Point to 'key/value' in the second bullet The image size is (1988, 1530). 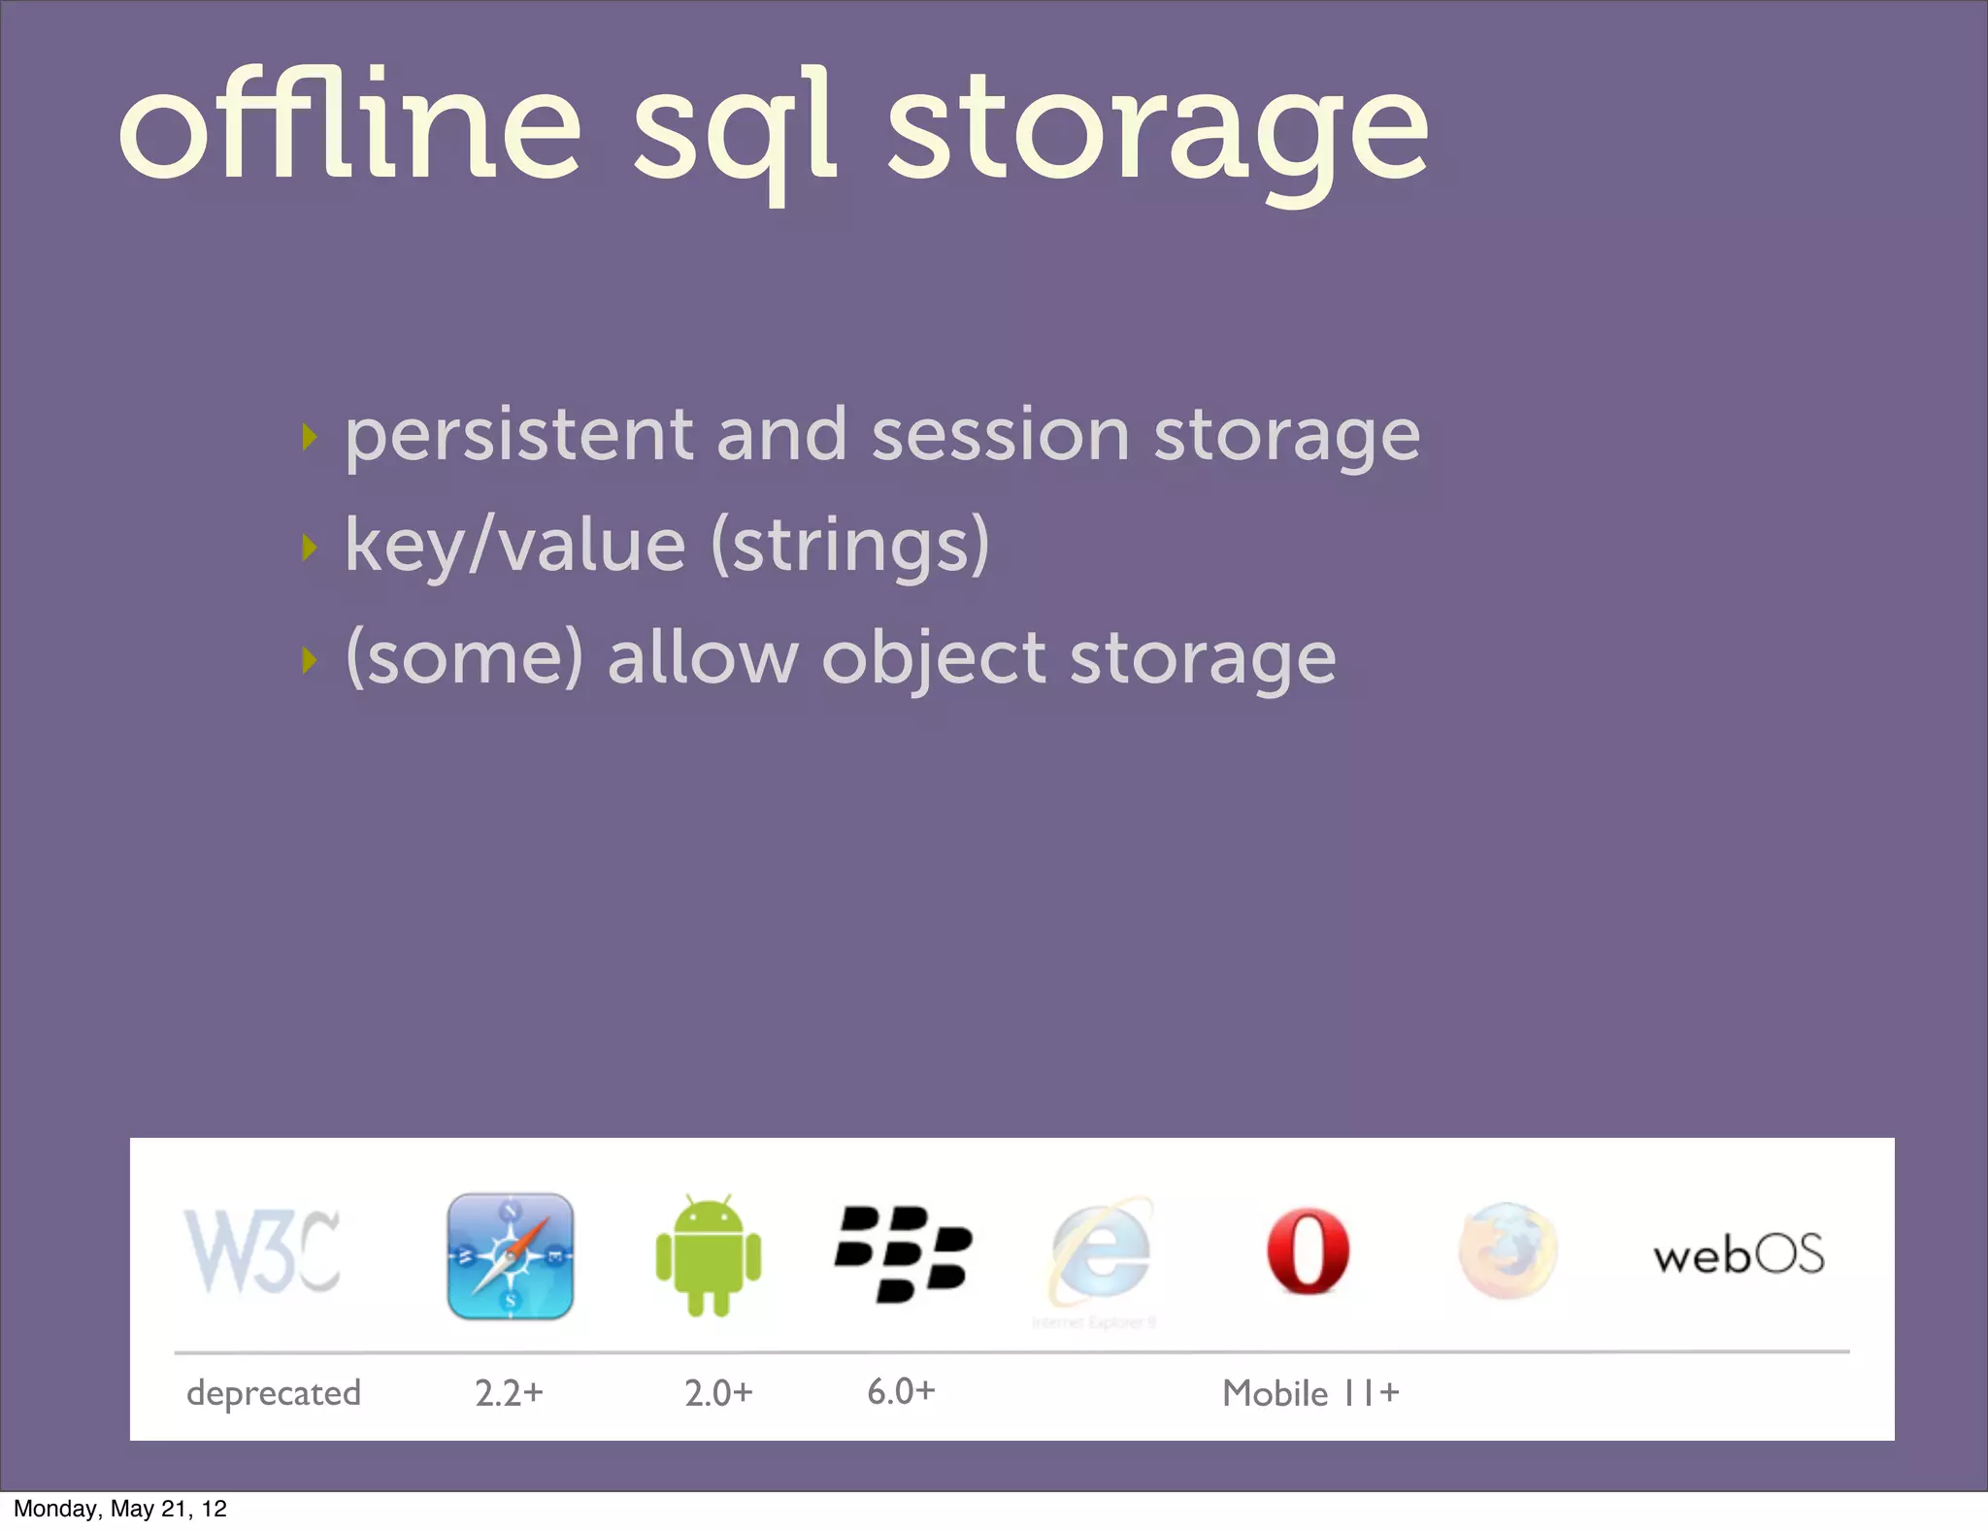(514, 546)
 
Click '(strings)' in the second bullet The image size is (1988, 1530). (850, 546)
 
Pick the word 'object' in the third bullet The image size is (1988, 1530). (933, 658)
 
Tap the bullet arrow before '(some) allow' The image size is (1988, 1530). (310, 660)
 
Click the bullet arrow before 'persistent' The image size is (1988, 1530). (310, 437)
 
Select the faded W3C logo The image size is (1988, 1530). (262, 1252)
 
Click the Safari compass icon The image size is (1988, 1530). (511, 1256)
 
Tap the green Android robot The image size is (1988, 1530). (709, 1255)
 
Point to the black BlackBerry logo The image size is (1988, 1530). (903, 1253)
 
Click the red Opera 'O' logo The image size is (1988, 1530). (1308, 1251)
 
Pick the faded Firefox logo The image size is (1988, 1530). (1508, 1251)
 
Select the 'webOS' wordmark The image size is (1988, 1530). (1739, 1254)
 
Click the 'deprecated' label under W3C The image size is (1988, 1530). (274, 1393)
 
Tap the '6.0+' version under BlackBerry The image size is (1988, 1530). (901, 1391)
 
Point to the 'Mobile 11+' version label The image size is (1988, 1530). (1310, 1393)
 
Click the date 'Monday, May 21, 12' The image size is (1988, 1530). (120, 1509)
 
